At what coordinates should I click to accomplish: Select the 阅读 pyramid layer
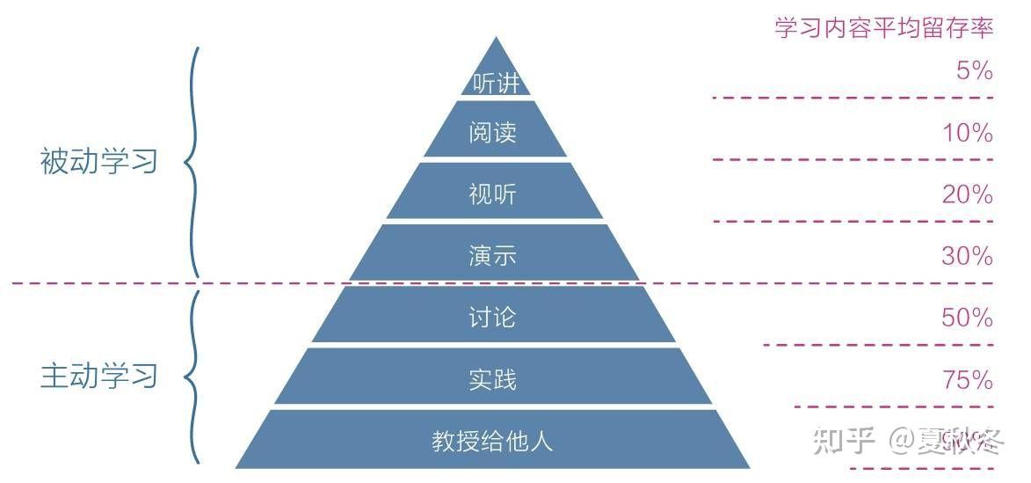click(x=493, y=133)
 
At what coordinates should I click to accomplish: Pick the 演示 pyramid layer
click(x=493, y=256)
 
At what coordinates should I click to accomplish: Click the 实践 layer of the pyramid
click(x=493, y=379)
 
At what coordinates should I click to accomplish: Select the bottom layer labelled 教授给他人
click(x=493, y=440)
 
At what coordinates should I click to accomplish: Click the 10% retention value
click(x=967, y=133)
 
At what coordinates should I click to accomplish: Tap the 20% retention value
click(x=967, y=194)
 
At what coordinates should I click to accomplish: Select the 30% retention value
click(x=967, y=256)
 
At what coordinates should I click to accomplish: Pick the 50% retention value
click(x=967, y=317)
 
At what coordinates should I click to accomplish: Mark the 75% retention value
click(x=967, y=379)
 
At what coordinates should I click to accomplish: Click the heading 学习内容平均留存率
click(x=883, y=27)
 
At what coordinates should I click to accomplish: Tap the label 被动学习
click(x=98, y=162)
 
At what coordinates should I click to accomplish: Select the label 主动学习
click(x=98, y=376)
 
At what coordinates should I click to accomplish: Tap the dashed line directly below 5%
click(x=853, y=98)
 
